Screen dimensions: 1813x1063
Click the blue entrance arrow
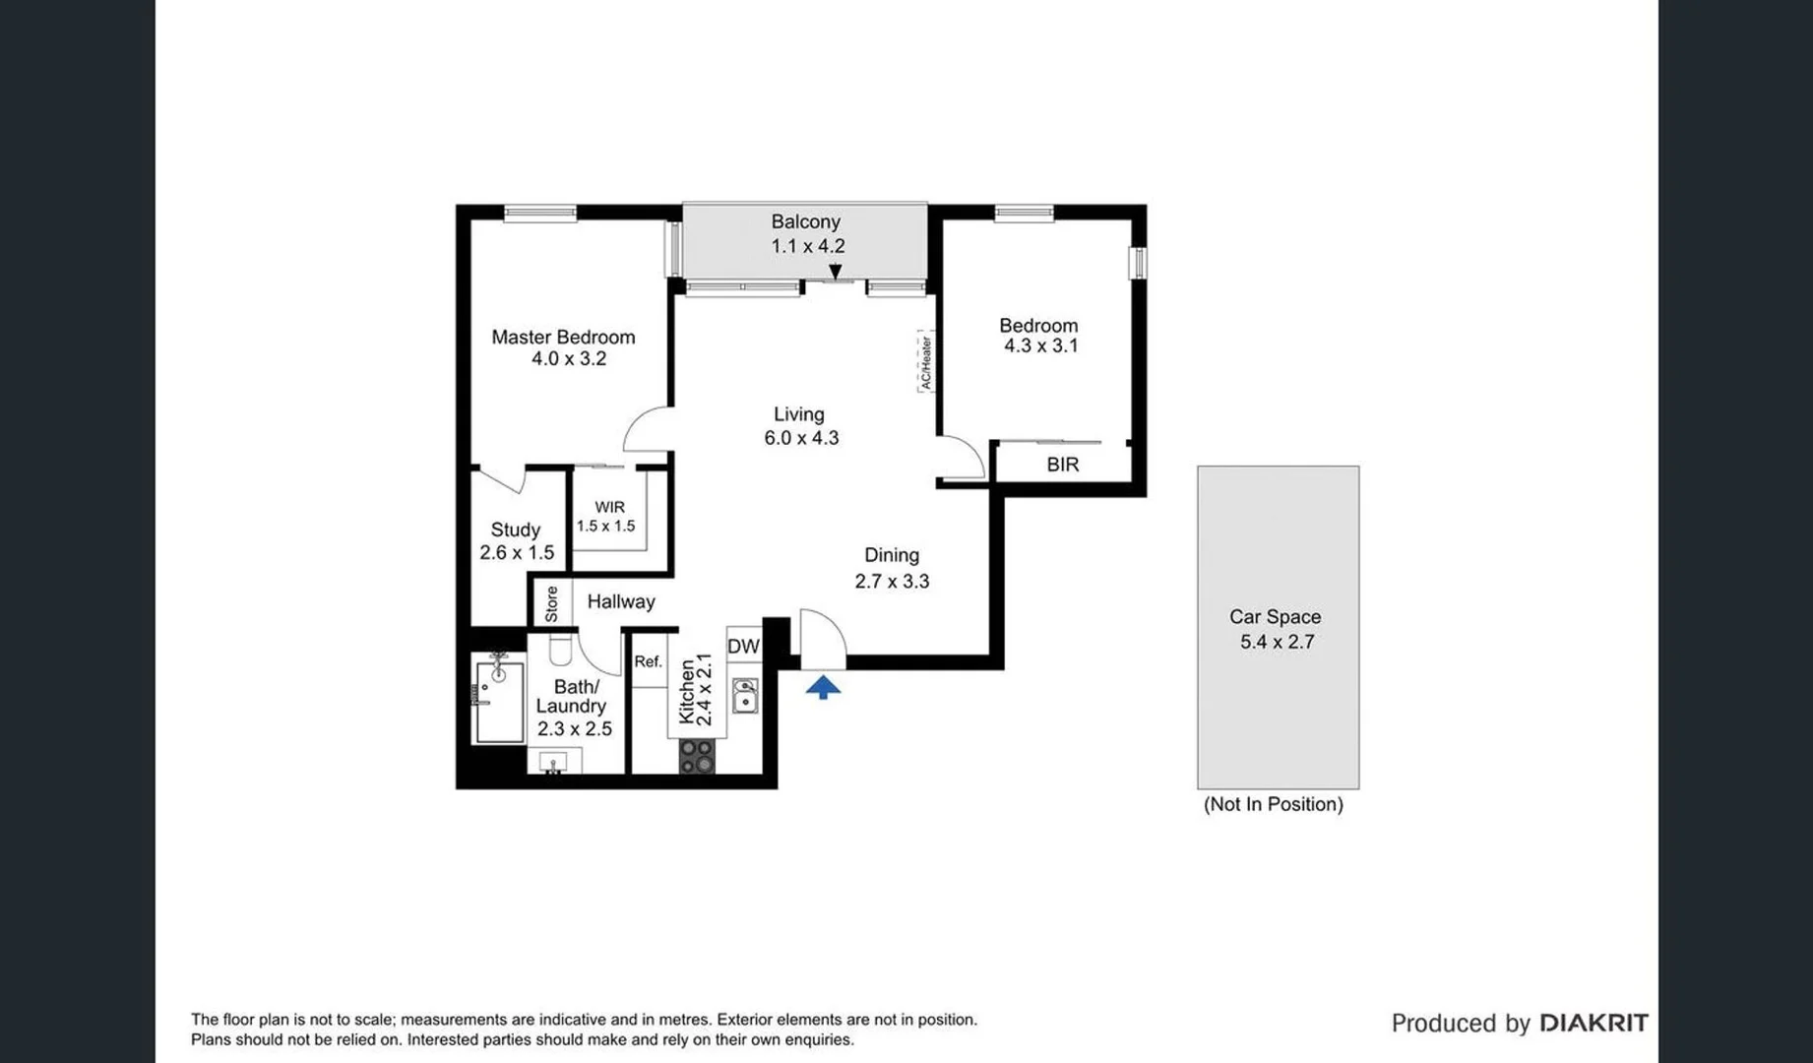(x=823, y=686)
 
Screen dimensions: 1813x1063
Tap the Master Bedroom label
(x=563, y=337)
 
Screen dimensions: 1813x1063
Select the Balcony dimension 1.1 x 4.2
(x=807, y=246)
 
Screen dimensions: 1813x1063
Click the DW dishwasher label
(x=743, y=646)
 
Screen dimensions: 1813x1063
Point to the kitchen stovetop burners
(x=697, y=756)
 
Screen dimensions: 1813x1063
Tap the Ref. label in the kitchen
(x=648, y=661)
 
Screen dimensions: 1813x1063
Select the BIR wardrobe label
(x=1062, y=465)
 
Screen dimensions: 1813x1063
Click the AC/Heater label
(x=925, y=362)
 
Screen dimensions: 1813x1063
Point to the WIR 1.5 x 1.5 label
(x=607, y=517)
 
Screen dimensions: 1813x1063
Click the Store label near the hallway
(x=551, y=603)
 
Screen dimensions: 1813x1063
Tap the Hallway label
(x=621, y=601)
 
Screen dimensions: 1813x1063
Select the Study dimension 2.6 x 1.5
(x=517, y=553)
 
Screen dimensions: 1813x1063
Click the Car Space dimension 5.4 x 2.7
(x=1277, y=642)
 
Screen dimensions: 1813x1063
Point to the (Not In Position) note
(x=1274, y=804)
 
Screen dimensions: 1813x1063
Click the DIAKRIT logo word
(x=1594, y=1024)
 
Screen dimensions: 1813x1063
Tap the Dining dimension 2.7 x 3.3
(x=892, y=581)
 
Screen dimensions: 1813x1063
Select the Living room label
(x=798, y=414)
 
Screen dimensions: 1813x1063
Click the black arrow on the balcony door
(x=835, y=271)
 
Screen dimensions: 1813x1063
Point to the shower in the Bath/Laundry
(x=499, y=698)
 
